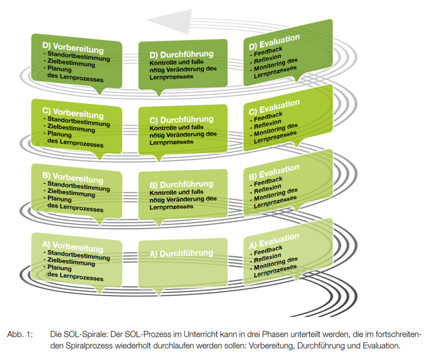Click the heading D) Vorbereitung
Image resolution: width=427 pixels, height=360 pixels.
tap(73, 48)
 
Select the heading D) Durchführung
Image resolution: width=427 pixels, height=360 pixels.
tap(181, 55)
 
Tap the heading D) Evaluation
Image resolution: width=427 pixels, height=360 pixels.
tap(274, 42)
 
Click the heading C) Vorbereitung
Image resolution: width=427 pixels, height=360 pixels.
tap(73, 113)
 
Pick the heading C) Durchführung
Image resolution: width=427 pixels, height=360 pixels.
tap(181, 120)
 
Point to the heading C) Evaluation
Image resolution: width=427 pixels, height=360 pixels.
tap(274, 107)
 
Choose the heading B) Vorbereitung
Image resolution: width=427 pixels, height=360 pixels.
tap(73, 178)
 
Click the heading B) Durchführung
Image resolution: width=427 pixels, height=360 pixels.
tap(181, 185)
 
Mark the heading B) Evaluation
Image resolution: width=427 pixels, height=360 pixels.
tap(274, 172)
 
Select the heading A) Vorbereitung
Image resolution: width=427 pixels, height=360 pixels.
tap(73, 247)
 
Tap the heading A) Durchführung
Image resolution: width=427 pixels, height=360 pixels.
tap(181, 254)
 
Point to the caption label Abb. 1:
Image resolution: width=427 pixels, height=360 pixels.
tap(20, 335)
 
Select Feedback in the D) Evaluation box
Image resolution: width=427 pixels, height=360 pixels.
tap(268, 51)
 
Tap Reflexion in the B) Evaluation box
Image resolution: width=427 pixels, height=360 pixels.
tap(268, 189)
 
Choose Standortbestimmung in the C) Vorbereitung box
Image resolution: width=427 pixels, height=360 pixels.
tap(79, 121)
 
